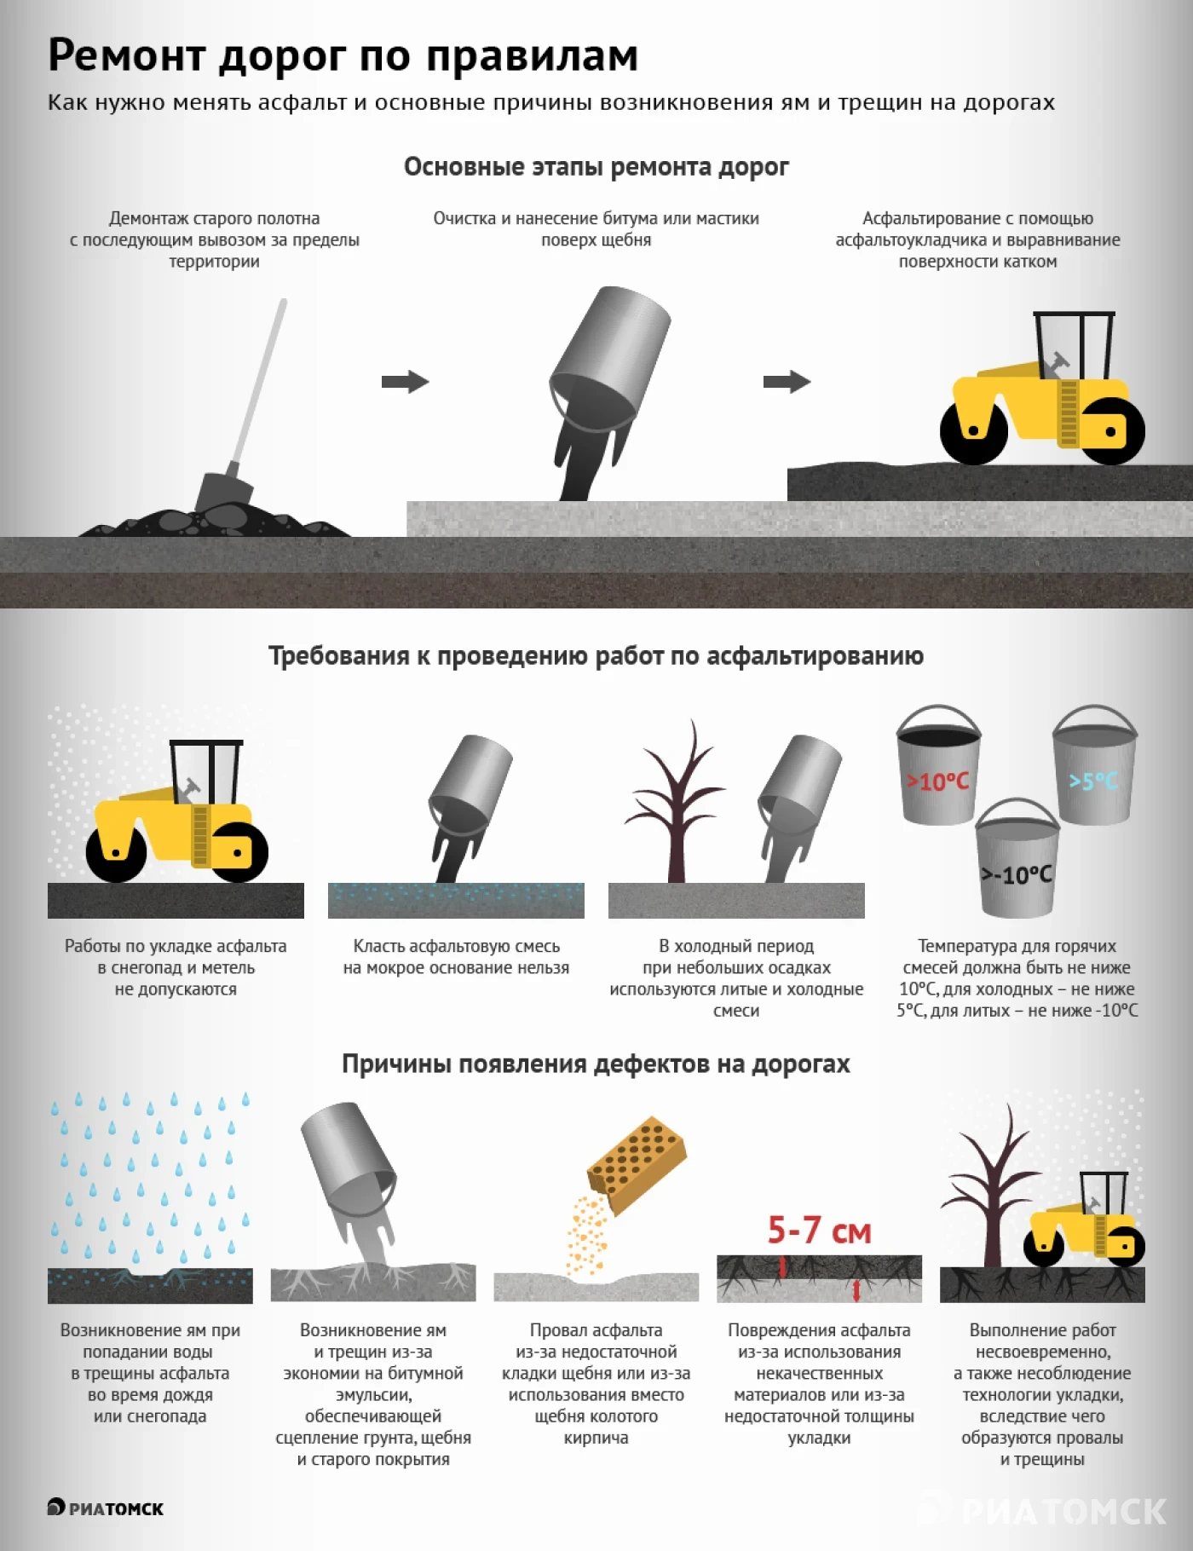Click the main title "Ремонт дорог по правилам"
point(343,55)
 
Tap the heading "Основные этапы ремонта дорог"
point(596,166)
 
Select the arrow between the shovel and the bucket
point(405,382)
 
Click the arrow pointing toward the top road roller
point(787,382)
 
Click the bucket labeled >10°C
point(937,764)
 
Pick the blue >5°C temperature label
point(1093,781)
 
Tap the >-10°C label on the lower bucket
point(1017,875)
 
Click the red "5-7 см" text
point(819,1231)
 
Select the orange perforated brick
point(637,1163)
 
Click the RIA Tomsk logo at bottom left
point(105,1508)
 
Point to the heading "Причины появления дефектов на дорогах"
point(596,1064)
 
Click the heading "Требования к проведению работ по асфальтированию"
point(596,655)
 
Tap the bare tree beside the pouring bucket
point(677,801)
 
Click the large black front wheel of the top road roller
point(974,430)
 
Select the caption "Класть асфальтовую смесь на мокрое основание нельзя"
point(456,957)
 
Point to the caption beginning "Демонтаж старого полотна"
point(215,239)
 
